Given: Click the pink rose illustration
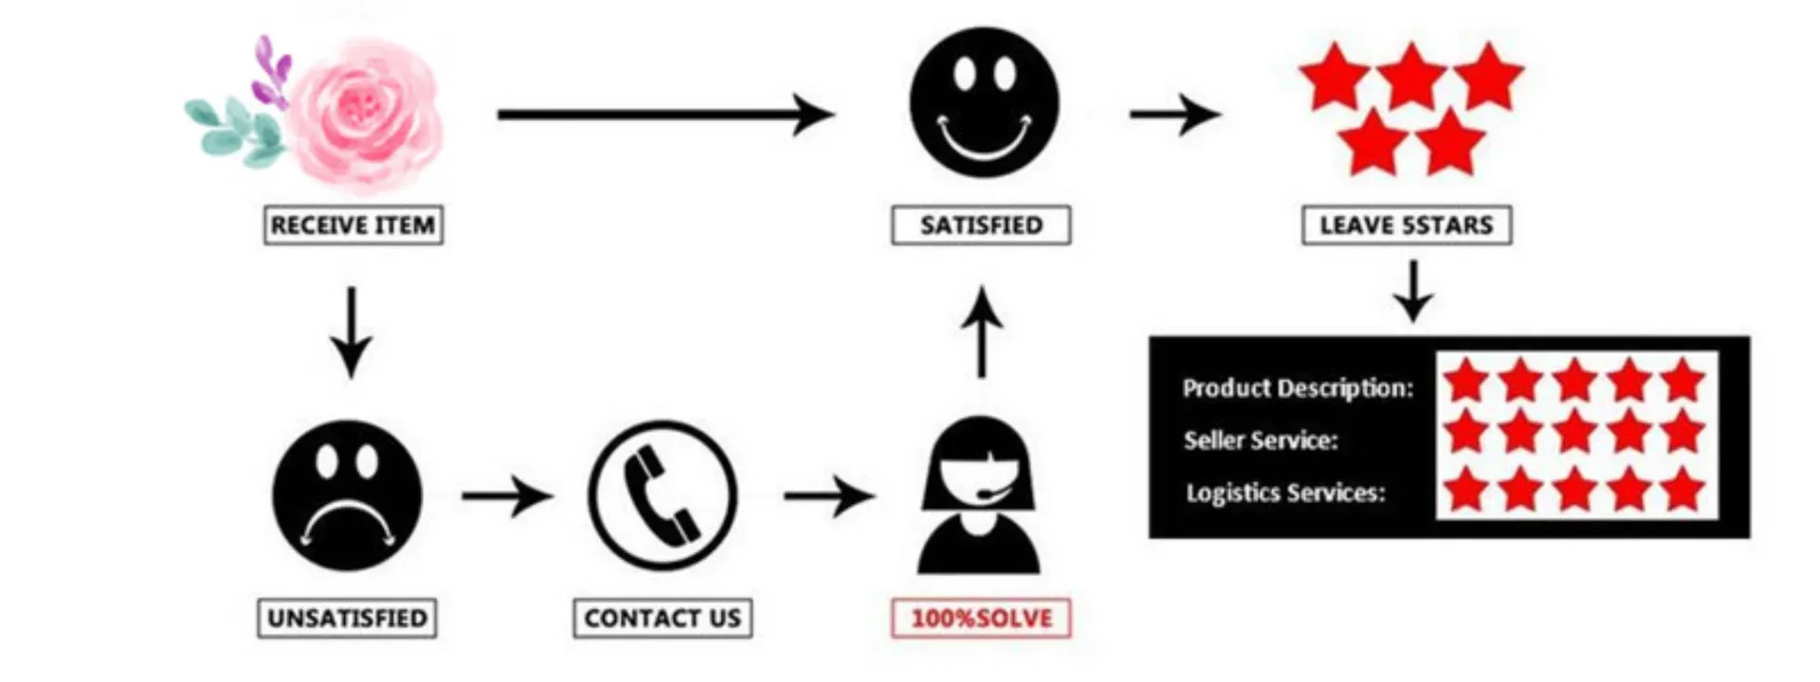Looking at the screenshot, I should [365, 114].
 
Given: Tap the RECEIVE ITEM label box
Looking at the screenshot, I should [353, 225].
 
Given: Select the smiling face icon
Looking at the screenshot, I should [984, 102].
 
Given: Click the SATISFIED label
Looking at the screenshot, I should [981, 225].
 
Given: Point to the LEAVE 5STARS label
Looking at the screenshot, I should [1407, 225].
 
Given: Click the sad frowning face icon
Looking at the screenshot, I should [347, 495].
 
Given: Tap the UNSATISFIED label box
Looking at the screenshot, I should [347, 619].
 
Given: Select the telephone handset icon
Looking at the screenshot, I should [663, 495].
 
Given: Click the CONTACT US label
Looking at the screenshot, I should [663, 619].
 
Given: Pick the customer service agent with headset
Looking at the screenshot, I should [979, 497].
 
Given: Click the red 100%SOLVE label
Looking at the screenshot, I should [981, 619].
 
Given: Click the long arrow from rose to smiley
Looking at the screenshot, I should [664, 115].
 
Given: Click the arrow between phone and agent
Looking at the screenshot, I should [828, 495].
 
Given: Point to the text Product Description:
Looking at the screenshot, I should [1297, 388].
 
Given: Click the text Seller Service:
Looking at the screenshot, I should [1260, 440].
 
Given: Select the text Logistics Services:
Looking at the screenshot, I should [1284, 494].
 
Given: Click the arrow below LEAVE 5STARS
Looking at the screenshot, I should [1412, 292].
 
